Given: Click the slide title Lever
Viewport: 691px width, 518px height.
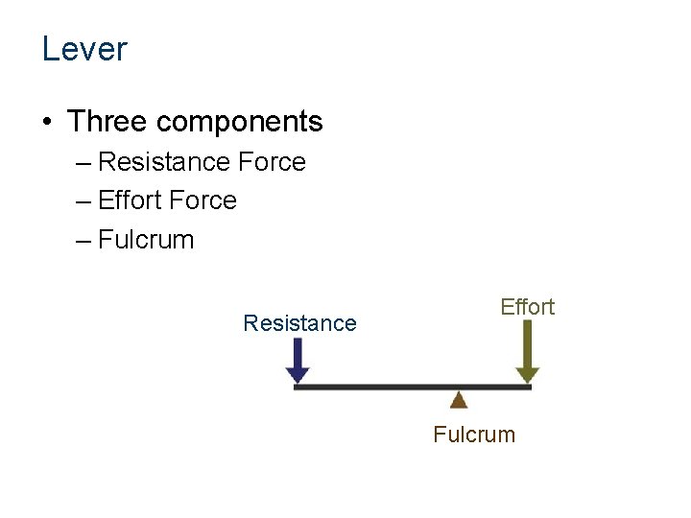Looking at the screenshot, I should tap(84, 49).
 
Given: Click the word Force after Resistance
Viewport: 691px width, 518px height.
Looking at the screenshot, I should tap(272, 162).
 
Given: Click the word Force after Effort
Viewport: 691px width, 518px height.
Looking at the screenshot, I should tap(202, 200).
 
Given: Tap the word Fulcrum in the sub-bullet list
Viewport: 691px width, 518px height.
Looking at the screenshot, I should tap(146, 240).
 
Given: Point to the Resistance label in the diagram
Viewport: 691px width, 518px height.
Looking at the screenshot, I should tap(299, 323).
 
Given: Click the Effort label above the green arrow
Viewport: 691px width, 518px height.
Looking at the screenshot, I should tap(527, 307).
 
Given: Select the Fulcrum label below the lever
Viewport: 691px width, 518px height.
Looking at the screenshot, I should tap(474, 435).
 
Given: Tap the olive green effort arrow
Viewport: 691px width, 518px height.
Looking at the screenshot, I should tap(528, 353).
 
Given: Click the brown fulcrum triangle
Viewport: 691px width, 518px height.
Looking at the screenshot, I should tap(459, 400).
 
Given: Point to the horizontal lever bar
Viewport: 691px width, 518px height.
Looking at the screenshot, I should tap(384, 387).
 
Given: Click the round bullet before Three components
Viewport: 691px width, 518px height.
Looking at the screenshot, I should tap(47, 123).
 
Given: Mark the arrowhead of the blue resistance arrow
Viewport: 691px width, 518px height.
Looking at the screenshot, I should tap(298, 375).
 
